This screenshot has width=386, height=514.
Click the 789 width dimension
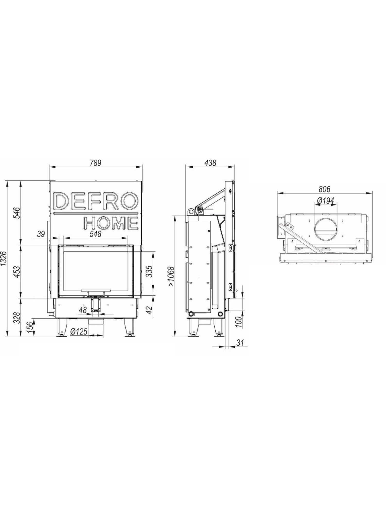click(95, 163)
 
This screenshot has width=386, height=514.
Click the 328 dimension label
click(17, 318)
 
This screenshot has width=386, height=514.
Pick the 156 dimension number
click(30, 328)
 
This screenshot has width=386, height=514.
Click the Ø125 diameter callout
click(79, 332)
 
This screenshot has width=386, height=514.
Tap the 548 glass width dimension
click(95, 234)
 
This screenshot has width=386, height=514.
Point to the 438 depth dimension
click(210, 163)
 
